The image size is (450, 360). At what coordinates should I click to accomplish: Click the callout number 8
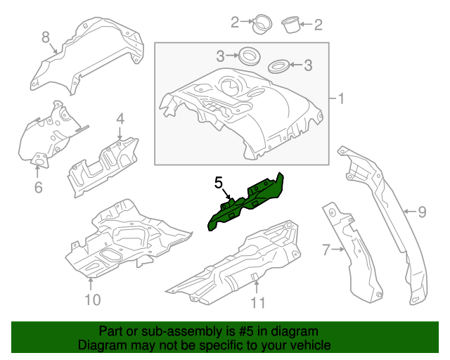click(45, 37)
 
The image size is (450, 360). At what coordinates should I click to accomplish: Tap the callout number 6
click(38, 187)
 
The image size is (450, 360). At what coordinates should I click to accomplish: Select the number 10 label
click(92, 300)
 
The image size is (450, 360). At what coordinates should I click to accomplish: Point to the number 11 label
click(258, 303)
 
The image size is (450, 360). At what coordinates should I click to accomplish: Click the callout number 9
click(422, 210)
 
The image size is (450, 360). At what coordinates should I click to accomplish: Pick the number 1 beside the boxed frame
click(342, 99)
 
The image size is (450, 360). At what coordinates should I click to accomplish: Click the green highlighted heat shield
click(246, 201)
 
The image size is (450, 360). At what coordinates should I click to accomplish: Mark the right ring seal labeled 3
click(279, 67)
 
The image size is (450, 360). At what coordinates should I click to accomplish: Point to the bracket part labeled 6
click(49, 137)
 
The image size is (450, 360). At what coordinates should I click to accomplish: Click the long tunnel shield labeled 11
click(239, 264)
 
